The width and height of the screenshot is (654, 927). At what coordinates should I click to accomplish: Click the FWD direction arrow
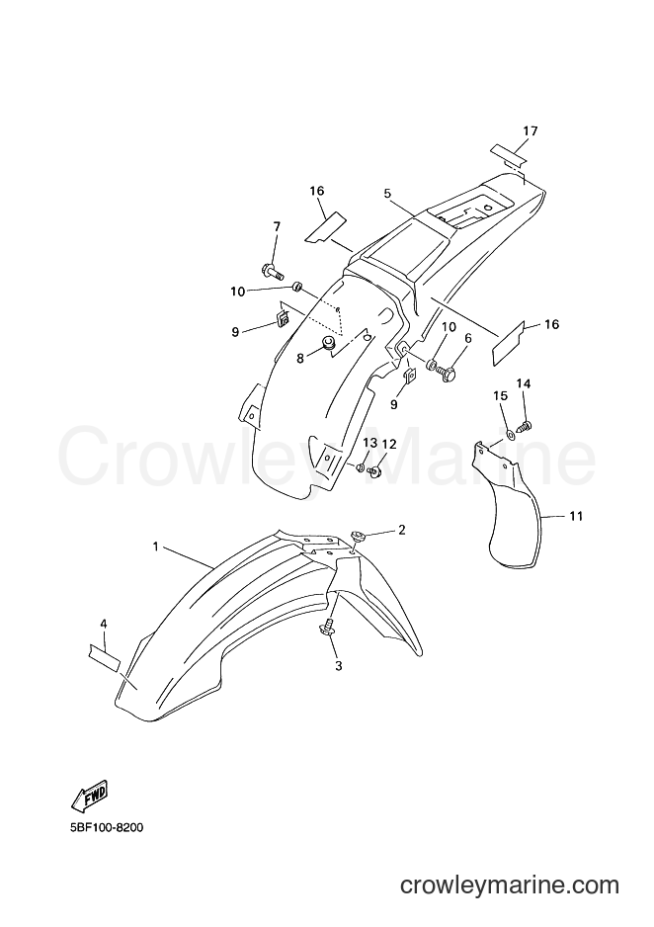tap(89, 796)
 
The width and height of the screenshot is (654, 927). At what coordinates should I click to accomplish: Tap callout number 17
tap(530, 130)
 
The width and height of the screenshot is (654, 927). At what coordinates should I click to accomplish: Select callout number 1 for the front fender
tap(155, 547)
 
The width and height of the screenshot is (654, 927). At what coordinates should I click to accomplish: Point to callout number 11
tap(576, 516)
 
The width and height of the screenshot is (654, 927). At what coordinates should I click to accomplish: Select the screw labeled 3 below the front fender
tap(327, 628)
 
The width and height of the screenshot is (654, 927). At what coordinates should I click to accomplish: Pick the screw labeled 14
tap(524, 425)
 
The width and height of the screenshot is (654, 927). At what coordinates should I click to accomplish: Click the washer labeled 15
tap(508, 436)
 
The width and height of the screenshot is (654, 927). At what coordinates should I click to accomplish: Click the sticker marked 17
tap(508, 154)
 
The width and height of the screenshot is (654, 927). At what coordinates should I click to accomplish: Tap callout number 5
tap(387, 194)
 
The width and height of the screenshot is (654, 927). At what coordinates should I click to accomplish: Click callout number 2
tap(401, 529)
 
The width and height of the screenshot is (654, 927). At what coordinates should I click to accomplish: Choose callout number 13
tap(369, 444)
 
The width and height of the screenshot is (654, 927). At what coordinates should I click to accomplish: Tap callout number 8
tap(300, 359)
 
